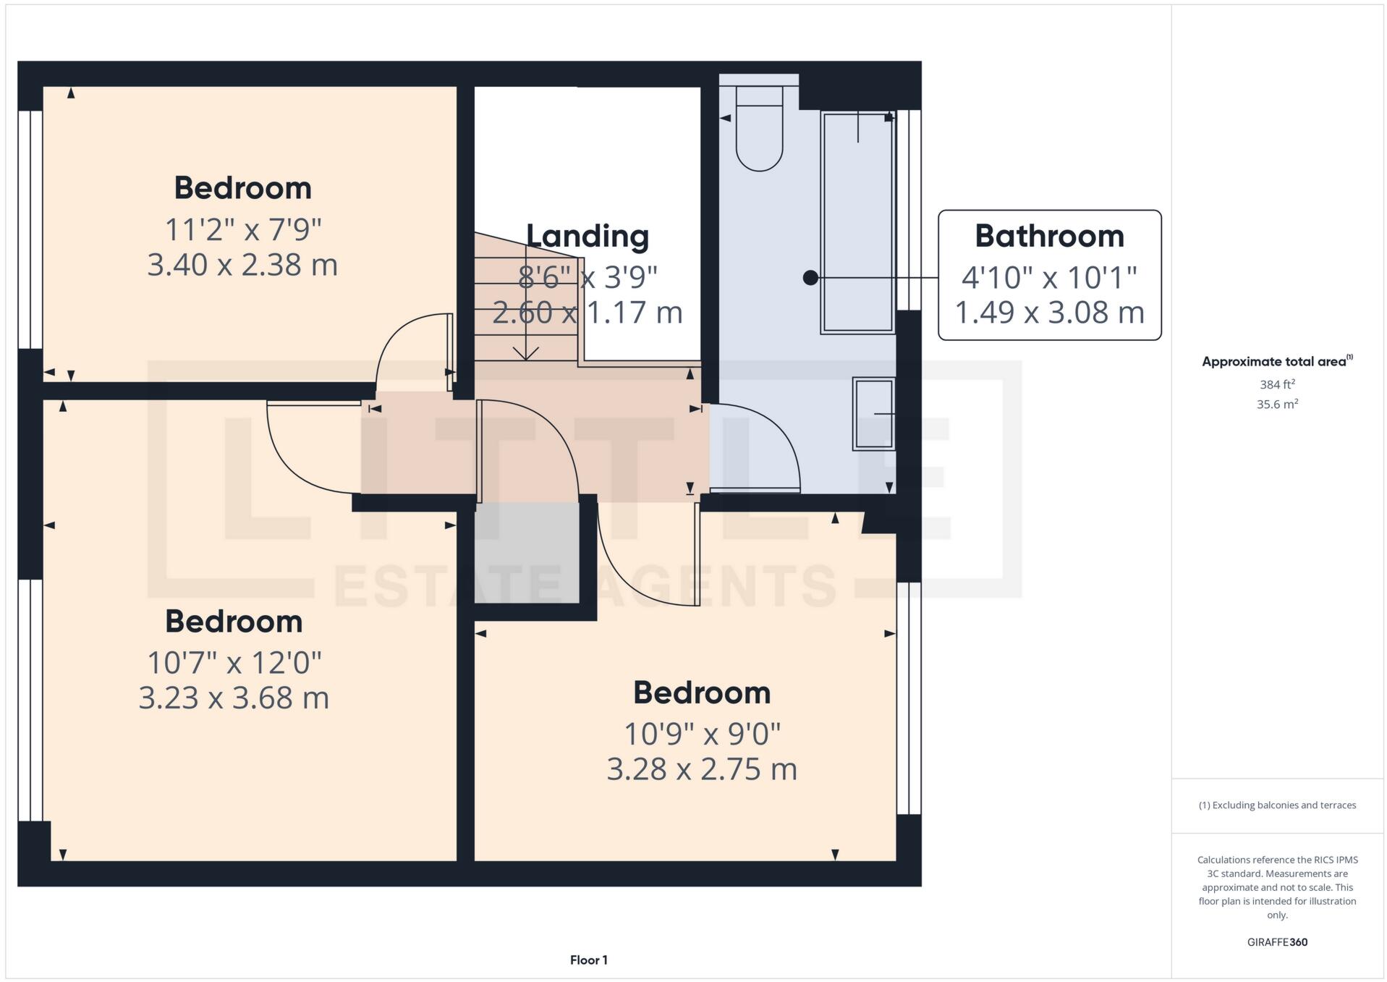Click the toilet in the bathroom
coord(759,130)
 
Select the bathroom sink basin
coord(874,414)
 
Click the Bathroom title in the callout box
coord(1049,236)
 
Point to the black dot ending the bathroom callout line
coord(810,277)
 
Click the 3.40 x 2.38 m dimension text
coord(242,265)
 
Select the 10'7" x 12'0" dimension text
coord(234,662)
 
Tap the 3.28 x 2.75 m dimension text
coord(701,769)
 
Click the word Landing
coord(587,236)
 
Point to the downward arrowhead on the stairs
coord(525,354)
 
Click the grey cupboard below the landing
coord(527,554)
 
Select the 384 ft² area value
coord(1277,384)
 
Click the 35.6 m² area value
coord(1277,404)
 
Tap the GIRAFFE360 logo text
coord(1277,942)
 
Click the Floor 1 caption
coord(588,960)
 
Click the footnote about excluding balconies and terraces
coord(1277,805)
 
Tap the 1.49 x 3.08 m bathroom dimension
coord(1049,313)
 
